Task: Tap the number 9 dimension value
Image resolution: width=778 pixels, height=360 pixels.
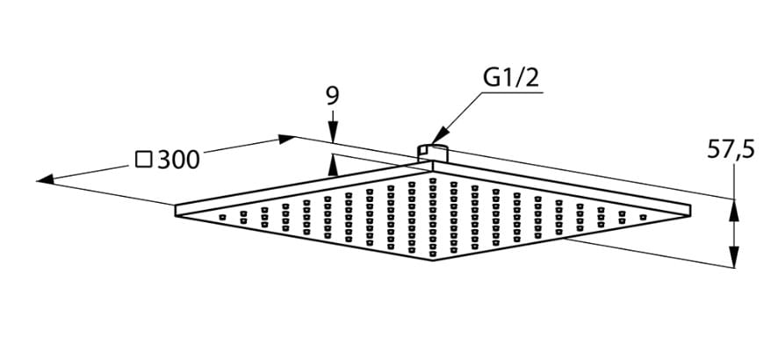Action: (332, 95)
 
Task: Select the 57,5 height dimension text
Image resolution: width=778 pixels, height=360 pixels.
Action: (731, 151)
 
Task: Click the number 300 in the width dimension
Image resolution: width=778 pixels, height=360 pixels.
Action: (179, 159)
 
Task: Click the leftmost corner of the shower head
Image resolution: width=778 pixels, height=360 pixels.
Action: (176, 210)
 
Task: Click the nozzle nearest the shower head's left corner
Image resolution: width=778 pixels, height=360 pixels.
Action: (221, 215)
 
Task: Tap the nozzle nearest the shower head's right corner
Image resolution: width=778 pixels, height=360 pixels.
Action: (644, 213)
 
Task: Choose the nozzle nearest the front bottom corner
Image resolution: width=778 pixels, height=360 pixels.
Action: (434, 254)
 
